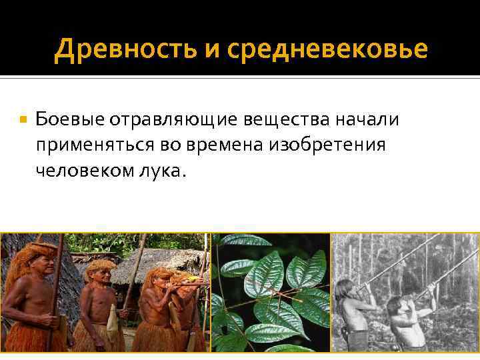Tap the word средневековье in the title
pyautogui.click(x=326, y=49)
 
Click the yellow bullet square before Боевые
pyautogui.click(x=23, y=120)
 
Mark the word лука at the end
pyautogui.click(x=163, y=171)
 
